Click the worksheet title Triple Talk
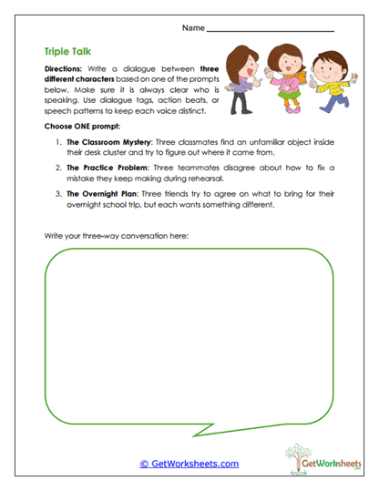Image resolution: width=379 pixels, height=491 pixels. pos(67,53)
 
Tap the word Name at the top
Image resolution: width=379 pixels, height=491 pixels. pos(193,29)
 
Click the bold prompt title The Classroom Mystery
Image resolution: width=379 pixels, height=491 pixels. pos(104,143)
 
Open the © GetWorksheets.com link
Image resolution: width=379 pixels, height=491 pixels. pos(189,464)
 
